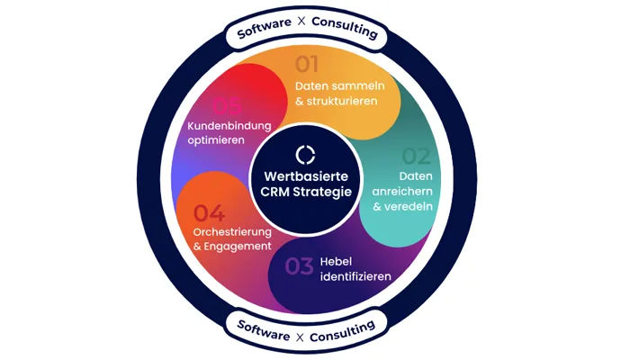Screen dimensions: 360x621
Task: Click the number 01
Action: click(x=308, y=64)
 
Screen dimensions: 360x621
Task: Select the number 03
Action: click(x=300, y=266)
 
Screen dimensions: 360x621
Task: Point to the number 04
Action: click(x=209, y=213)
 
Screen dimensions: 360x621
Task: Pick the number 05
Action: click(x=228, y=106)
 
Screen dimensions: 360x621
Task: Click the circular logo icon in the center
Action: click(x=306, y=154)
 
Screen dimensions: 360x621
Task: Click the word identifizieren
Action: click(x=355, y=276)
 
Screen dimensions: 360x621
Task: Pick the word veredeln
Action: click(x=409, y=206)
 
